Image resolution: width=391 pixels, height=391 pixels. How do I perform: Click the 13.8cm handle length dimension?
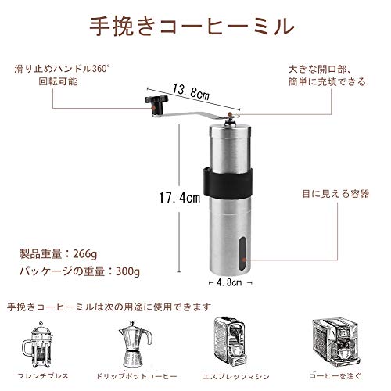pos(191,92)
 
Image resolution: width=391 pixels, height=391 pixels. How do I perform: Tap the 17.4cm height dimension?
pos(180,198)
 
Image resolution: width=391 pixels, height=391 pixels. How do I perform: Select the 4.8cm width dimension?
pos(229,282)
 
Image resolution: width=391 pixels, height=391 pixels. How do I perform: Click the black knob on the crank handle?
pos(156,100)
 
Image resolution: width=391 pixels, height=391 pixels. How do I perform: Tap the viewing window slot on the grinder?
pos(243,254)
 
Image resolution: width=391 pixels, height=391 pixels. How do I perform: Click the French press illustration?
pos(38,344)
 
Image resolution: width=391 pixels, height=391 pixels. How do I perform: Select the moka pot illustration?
pos(135,343)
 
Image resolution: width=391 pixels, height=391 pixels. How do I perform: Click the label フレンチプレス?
pos(43,376)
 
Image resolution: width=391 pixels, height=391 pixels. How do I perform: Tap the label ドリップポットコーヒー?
pos(136,376)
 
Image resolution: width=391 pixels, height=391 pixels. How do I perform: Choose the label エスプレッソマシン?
pos(236,377)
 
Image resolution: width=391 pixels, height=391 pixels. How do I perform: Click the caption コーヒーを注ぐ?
pos(335,375)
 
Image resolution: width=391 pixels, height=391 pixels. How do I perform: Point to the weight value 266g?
pos(85,254)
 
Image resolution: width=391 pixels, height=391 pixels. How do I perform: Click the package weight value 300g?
pos(127,272)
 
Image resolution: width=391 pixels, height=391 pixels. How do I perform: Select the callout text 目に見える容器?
pos(335,194)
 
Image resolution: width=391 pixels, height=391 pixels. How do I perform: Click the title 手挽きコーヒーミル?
pos(192,26)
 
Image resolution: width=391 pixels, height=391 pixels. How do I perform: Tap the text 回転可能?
pos(58,81)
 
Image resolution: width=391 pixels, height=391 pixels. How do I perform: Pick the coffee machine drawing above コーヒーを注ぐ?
pos(335,343)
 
